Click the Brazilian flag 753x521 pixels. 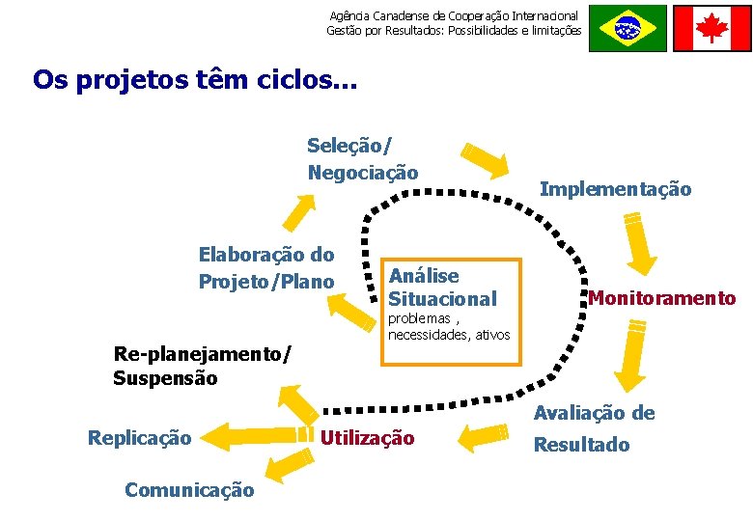(627, 28)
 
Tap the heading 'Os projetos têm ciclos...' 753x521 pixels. (195, 79)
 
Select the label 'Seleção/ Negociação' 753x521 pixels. (362, 159)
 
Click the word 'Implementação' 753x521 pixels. (615, 189)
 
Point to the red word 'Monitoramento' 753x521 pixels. (661, 299)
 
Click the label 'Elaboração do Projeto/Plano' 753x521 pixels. (266, 268)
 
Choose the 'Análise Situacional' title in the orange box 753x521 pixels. (442, 288)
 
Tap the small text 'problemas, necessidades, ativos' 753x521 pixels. (448, 327)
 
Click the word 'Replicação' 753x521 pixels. (139, 438)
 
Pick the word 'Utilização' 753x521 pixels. (367, 439)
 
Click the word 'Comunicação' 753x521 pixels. (189, 490)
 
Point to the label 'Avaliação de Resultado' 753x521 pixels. (595, 428)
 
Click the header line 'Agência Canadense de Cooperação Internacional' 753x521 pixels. (454, 15)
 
